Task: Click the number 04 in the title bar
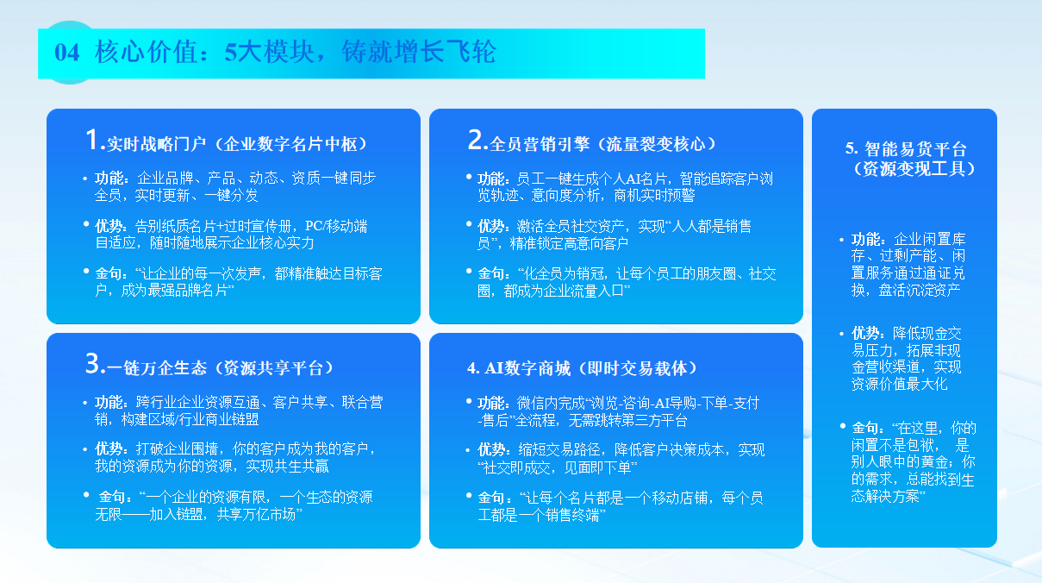(x=67, y=52)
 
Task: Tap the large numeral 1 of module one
(x=91, y=139)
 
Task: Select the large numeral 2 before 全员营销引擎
(x=476, y=139)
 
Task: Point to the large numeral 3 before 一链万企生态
(x=92, y=363)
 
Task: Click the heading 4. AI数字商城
(x=519, y=368)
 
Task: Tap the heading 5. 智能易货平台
(x=906, y=149)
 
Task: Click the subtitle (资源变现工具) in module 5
(x=914, y=169)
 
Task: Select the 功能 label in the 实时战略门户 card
(x=109, y=178)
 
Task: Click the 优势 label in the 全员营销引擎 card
(x=491, y=226)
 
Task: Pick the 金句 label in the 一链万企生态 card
(x=112, y=498)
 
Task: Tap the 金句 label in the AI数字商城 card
(x=491, y=498)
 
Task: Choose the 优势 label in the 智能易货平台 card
(x=865, y=334)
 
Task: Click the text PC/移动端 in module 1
(x=336, y=226)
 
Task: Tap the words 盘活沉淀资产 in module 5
(x=920, y=290)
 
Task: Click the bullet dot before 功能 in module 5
(x=841, y=240)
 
